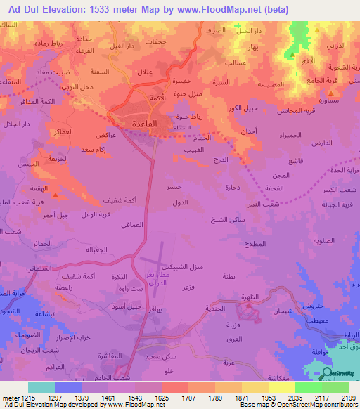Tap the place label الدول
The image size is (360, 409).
tap(179, 202)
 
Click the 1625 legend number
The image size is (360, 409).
tap(172, 398)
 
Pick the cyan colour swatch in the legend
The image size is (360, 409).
tap(41, 387)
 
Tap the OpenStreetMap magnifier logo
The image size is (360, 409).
tap(326, 373)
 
